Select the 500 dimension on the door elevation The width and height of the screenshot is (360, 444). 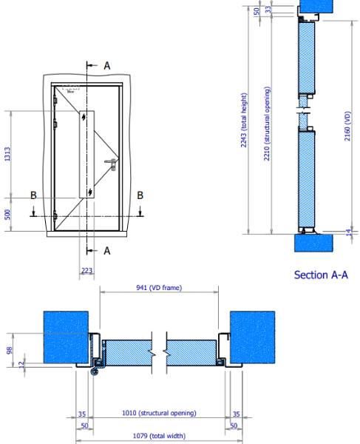coord(7,214)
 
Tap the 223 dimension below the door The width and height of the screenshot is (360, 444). coord(87,270)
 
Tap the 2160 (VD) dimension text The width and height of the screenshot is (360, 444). coord(347,126)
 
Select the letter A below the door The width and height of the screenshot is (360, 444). coord(106,251)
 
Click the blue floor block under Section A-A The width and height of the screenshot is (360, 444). coord(315,243)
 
